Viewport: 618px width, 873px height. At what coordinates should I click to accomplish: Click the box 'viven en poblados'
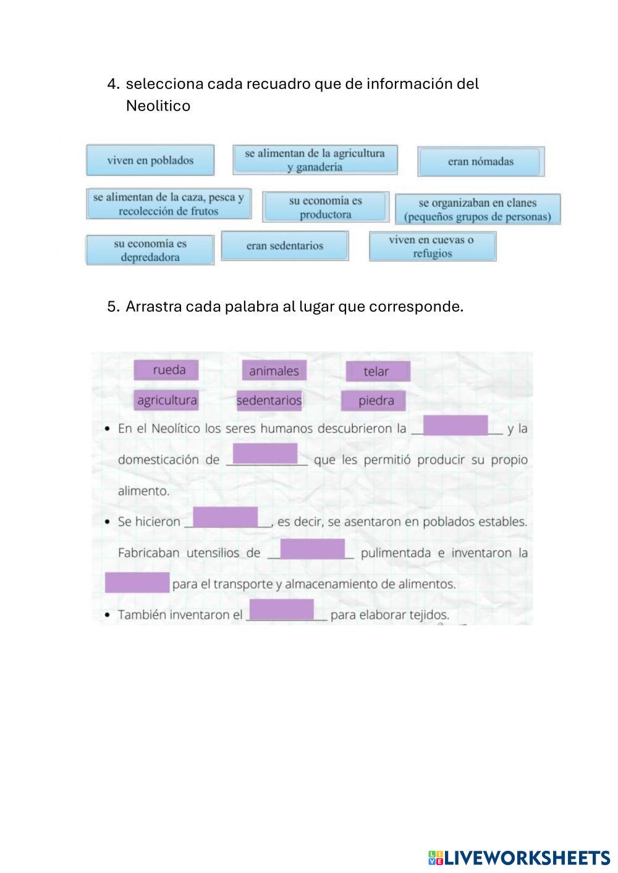(x=150, y=161)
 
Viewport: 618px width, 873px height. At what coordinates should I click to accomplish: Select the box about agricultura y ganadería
(x=315, y=160)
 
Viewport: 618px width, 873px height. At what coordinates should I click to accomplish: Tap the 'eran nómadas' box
(x=480, y=162)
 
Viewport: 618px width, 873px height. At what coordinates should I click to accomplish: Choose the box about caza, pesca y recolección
(x=169, y=204)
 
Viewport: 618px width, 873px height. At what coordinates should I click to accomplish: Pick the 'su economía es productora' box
(x=325, y=207)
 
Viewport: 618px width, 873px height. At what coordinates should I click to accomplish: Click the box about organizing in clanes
(x=477, y=209)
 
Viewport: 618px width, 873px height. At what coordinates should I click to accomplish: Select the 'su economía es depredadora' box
(x=150, y=250)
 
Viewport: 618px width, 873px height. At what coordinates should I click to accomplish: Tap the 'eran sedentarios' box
(x=284, y=246)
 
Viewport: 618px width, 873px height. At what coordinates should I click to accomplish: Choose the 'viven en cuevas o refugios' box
(x=432, y=246)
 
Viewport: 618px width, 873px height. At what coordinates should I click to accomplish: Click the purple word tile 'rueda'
(x=167, y=370)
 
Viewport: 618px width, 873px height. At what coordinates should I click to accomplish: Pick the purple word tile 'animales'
(x=274, y=371)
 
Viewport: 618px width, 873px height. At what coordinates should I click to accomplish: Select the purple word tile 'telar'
(x=377, y=372)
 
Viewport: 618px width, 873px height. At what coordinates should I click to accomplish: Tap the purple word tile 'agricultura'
(x=167, y=400)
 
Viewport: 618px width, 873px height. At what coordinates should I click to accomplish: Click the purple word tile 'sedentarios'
(x=269, y=401)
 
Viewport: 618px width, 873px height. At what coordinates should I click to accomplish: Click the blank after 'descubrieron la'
(x=455, y=426)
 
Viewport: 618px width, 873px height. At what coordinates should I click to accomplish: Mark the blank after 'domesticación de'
(x=265, y=454)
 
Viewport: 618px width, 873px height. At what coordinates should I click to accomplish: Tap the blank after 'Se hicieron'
(x=226, y=517)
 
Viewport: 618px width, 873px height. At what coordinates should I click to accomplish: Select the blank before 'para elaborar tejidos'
(x=281, y=610)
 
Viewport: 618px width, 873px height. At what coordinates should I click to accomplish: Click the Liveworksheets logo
(x=519, y=858)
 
